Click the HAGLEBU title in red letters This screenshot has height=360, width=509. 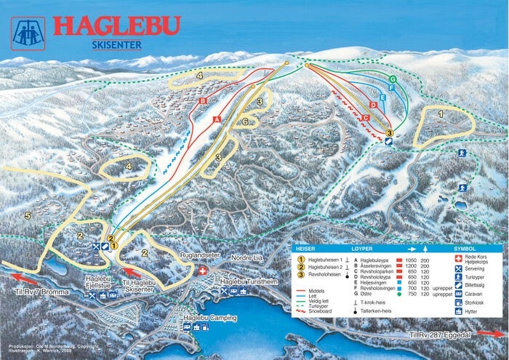point(116,28)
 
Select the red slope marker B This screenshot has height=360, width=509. point(204,100)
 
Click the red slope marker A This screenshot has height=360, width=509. point(217,118)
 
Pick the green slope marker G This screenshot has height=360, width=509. point(392,79)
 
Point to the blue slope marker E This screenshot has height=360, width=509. point(382,97)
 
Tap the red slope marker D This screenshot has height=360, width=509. point(372,105)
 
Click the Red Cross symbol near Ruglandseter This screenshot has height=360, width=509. point(202,271)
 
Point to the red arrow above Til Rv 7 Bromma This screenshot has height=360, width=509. point(25,276)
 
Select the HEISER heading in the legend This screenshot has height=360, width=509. point(305,248)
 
